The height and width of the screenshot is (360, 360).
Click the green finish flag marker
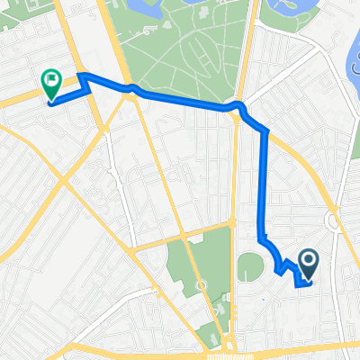(51, 84)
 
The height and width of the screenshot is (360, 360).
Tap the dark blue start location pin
(308, 263)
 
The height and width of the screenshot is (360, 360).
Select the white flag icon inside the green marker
(51, 81)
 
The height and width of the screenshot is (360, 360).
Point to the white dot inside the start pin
(308, 260)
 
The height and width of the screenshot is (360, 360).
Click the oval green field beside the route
(249, 266)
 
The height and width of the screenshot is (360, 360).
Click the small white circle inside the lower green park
(200, 286)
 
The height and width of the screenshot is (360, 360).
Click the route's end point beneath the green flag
(49, 102)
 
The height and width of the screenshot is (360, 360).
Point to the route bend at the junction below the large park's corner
(239, 108)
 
